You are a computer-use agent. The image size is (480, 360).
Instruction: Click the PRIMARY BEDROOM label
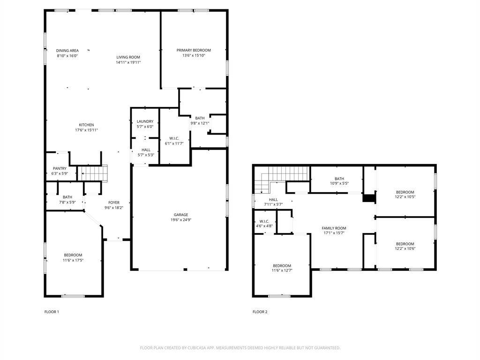click(x=194, y=50)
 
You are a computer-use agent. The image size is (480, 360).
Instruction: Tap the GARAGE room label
click(x=180, y=215)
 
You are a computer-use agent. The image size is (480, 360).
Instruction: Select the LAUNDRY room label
click(x=145, y=121)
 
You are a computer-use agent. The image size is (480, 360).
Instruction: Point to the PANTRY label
click(x=59, y=168)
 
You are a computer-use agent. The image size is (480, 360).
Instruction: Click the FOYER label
click(x=114, y=202)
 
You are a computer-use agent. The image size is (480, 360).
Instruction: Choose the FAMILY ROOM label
click(x=334, y=228)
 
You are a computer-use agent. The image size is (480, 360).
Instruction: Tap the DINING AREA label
click(x=67, y=50)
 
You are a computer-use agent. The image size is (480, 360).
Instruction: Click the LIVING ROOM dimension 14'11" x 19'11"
click(x=128, y=62)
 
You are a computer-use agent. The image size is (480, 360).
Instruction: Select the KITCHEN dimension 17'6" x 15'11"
click(x=86, y=130)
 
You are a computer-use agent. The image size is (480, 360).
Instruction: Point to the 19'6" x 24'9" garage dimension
click(x=180, y=220)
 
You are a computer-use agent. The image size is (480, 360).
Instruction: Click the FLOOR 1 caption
click(x=52, y=312)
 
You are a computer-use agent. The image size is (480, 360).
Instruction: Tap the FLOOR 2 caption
click(x=260, y=312)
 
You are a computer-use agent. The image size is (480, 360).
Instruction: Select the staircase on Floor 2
click(x=281, y=177)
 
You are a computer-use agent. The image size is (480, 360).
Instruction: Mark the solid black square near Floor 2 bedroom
click(x=369, y=198)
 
